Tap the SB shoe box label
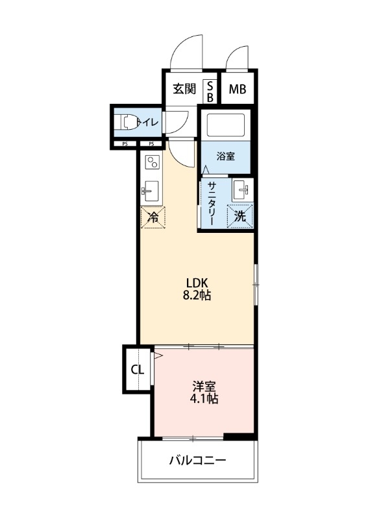(x=210, y=90)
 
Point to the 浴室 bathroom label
(x=225, y=156)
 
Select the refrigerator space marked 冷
(x=153, y=217)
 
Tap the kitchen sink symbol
(x=152, y=190)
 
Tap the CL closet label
(x=137, y=370)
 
